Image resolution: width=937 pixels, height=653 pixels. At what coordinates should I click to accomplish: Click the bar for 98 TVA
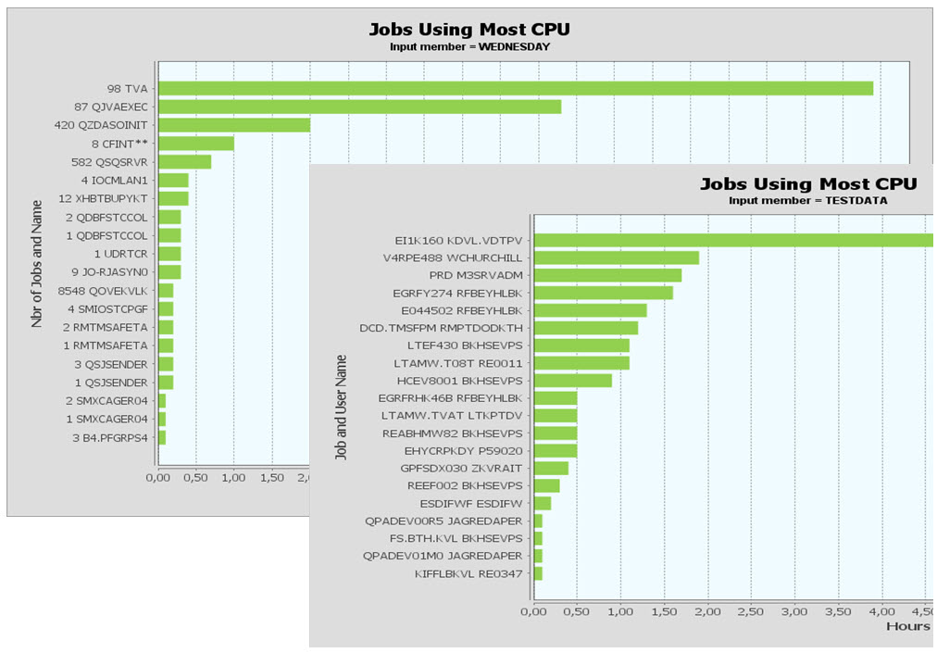pos(515,88)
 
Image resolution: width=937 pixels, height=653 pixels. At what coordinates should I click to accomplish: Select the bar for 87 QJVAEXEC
pos(359,107)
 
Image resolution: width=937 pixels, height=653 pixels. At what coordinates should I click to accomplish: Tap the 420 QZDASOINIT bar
pos(233,125)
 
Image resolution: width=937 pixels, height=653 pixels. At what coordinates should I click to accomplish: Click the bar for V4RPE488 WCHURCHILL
pos(617,257)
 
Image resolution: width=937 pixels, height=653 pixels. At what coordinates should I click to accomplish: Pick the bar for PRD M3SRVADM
pos(607,275)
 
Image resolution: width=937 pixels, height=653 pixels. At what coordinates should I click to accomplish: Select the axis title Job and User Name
pos(341,408)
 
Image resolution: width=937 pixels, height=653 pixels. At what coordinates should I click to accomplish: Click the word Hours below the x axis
pos(907,627)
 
